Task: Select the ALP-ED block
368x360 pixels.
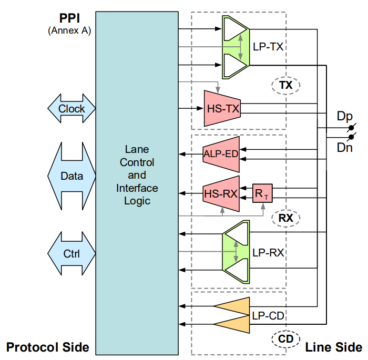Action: (221, 154)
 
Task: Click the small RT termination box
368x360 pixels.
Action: (261, 194)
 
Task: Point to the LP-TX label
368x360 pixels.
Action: (268, 47)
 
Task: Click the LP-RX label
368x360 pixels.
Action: (268, 252)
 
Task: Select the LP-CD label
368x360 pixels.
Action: (268, 316)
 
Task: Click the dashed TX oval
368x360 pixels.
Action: (285, 85)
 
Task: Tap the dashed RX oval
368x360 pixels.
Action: (285, 218)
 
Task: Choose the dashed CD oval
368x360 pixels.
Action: (285, 339)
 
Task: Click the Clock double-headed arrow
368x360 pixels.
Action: (71, 109)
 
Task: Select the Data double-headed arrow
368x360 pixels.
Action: (71, 176)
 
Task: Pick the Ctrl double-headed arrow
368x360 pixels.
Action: (71, 254)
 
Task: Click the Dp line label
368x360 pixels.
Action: (344, 116)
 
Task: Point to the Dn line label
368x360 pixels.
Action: (344, 148)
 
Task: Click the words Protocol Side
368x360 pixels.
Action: (47, 347)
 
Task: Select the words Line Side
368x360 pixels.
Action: (333, 347)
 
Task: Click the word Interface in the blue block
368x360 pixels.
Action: (137, 188)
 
